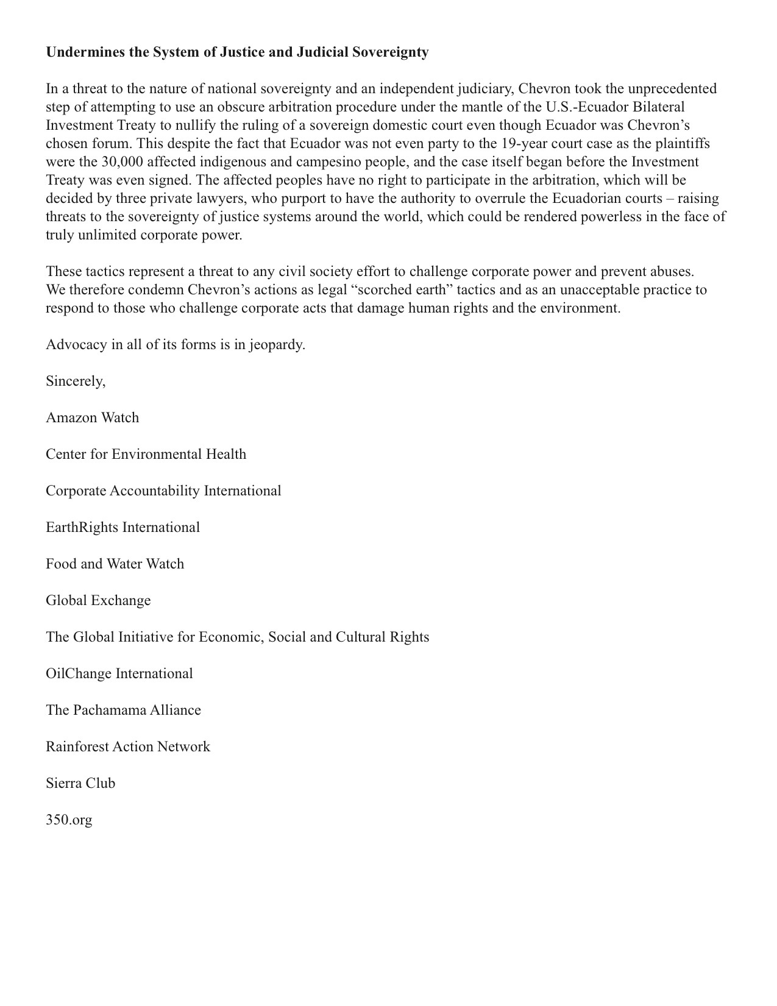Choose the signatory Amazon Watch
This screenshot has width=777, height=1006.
pos(92,418)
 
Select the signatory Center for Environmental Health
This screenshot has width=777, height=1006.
pos(146,455)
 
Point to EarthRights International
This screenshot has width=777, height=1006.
pos(122,528)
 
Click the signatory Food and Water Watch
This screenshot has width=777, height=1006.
pos(115,564)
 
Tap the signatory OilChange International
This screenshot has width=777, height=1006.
pos(119,674)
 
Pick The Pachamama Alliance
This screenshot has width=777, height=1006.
pos(123,710)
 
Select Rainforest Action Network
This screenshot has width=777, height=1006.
pos(127,747)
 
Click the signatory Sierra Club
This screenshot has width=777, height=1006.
pos(80,784)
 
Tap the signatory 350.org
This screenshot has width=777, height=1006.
pos(69,820)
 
